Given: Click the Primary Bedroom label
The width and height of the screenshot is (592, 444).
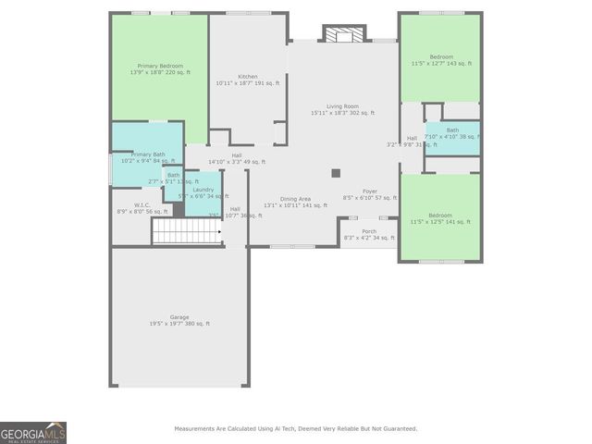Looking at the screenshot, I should [160, 67].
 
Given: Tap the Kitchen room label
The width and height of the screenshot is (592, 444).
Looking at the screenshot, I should [247, 77].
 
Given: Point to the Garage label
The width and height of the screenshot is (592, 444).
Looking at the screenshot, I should [179, 317].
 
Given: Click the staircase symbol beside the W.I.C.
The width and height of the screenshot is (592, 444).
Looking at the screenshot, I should [187, 231].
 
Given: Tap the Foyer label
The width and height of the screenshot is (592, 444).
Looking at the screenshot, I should [369, 191].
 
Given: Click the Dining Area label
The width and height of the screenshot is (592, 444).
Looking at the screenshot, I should [296, 199].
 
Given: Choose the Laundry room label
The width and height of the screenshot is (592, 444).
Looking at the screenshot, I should [203, 190].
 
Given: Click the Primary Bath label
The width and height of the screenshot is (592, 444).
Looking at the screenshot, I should [148, 154].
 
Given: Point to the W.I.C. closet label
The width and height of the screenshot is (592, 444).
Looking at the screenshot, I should [142, 205].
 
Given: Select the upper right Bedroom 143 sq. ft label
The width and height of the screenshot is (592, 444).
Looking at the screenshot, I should [439, 57].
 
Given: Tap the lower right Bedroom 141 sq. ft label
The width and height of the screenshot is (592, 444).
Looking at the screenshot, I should [439, 216].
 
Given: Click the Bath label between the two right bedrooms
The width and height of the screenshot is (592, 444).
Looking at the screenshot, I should [452, 130].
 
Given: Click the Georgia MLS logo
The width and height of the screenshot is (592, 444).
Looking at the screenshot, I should [33, 433].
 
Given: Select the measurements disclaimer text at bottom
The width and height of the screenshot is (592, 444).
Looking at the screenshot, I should [296, 428].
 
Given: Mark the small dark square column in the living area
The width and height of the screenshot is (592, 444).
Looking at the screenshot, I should [336, 172].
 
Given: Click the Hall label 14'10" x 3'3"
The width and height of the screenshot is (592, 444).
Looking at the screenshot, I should [237, 155].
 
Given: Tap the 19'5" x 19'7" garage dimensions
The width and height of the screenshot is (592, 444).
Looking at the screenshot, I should [179, 324].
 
